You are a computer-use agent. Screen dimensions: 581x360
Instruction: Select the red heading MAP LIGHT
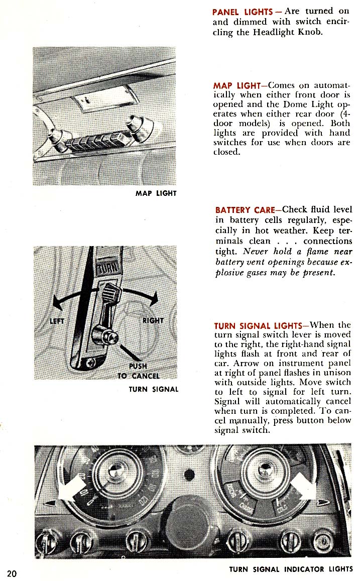pos(235,86)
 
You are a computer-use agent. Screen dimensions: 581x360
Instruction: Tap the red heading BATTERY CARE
pos(245,209)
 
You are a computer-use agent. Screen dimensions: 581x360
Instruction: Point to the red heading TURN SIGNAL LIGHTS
pos(258,325)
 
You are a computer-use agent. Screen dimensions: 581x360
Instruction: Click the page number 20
pos(12,573)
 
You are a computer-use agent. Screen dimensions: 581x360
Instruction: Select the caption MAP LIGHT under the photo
pos(156,193)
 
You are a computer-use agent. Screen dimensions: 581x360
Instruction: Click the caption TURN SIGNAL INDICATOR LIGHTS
pos(291,569)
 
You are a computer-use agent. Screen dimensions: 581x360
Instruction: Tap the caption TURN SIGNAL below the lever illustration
pos(154,389)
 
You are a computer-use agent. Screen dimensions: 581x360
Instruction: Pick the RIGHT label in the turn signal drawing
pos(153,320)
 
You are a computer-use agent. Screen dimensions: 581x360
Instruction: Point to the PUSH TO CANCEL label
pos(138,371)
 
